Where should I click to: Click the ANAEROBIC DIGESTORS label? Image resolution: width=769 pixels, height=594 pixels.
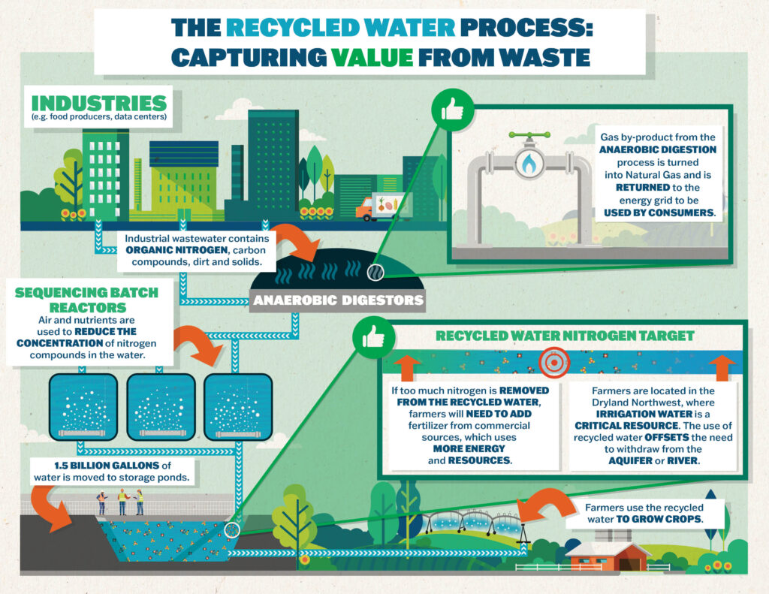click(339, 301)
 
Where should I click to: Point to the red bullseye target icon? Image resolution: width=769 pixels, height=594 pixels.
click(554, 361)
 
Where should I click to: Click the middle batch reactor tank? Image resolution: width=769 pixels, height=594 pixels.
click(161, 406)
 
